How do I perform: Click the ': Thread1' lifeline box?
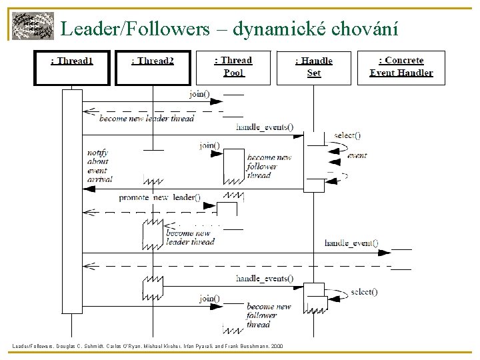[72, 68]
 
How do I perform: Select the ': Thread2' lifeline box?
[153, 68]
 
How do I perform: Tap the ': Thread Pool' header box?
[233, 67]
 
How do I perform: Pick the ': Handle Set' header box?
[314, 67]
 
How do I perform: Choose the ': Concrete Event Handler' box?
[401, 67]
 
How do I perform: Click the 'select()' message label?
[364, 291]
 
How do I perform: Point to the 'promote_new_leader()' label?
[159, 197]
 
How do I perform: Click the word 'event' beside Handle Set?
[357, 155]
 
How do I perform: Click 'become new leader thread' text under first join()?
[147, 118]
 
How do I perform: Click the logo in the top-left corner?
[33, 27]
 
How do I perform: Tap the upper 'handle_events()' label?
[264, 127]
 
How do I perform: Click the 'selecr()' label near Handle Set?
[347, 135]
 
